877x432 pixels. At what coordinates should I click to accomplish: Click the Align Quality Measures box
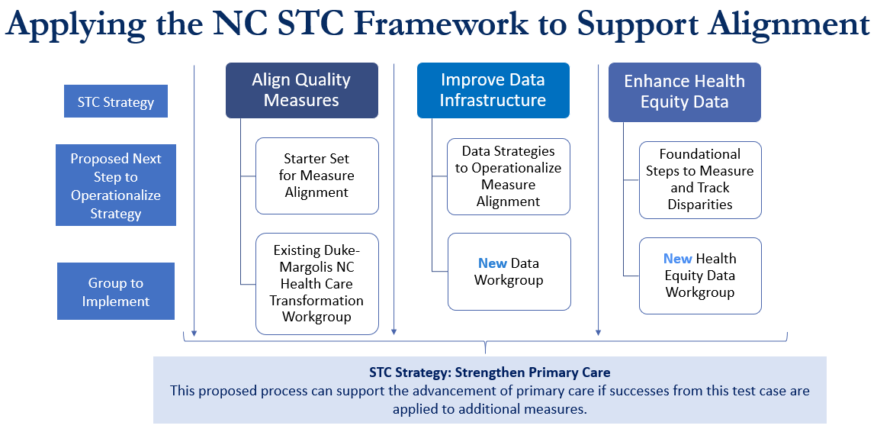point(302,90)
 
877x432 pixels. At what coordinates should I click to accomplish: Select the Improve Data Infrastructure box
point(493,90)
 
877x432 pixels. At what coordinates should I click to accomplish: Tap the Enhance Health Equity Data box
point(685,92)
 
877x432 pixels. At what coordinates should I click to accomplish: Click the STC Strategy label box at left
point(116,102)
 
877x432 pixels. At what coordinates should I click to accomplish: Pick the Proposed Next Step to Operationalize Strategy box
point(116,185)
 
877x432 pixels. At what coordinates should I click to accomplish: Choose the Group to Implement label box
point(116,292)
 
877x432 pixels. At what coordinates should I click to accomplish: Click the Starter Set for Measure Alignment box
point(317,176)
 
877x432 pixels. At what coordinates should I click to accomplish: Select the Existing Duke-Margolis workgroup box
point(317,284)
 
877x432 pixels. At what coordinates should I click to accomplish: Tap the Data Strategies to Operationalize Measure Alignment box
point(509,176)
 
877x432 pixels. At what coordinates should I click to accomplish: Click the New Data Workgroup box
point(509,272)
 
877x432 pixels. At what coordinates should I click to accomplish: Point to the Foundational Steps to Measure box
point(700,179)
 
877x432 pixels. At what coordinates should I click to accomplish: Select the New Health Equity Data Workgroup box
point(700,276)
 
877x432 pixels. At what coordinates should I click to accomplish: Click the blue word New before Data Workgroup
point(492,263)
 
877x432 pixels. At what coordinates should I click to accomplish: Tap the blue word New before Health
point(677,259)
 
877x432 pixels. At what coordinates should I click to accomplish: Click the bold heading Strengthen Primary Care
point(532,372)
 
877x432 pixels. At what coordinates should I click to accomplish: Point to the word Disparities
point(700,205)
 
